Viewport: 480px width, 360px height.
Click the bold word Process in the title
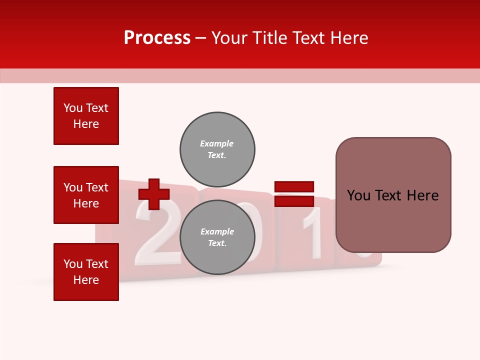pyautogui.click(x=157, y=38)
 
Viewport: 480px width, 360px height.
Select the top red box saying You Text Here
pyautogui.click(x=86, y=116)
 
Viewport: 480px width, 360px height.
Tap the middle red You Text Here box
pyautogui.click(x=86, y=195)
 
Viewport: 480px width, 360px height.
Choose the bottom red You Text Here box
pyautogui.click(x=86, y=272)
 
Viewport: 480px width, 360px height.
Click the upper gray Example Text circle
pyautogui.click(x=217, y=149)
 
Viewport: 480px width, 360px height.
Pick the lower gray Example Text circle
pyautogui.click(x=217, y=237)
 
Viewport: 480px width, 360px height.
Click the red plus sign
pyautogui.click(x=154, y=194)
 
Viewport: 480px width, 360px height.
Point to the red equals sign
pyautogui.click(x=294, y=194)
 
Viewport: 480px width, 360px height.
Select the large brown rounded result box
pyautogui.click(x=393, y=195)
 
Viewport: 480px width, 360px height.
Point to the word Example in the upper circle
pyautogui.click(x=217, y=143)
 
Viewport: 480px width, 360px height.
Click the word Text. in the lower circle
pyautogui.click(x=217, y=243)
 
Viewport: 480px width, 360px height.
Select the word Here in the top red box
pyautogui.click(x=86, y=124)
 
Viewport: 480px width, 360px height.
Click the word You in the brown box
pyautogui.click(x=358, y=195)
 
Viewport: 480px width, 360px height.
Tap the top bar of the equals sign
pyautogui.click(x=294, y=187)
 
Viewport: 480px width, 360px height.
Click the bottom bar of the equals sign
pyautogui.click(x=294, y=201)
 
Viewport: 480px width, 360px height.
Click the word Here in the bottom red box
pyautogui.click(x=86, y=280)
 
